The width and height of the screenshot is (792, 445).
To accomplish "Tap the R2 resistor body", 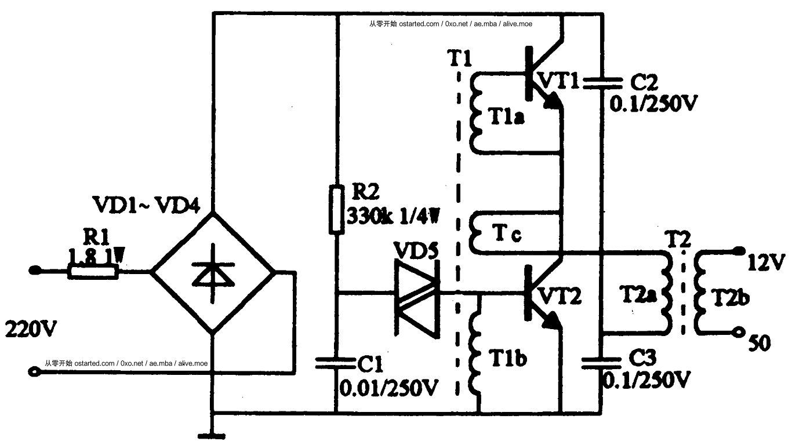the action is coord(337,209).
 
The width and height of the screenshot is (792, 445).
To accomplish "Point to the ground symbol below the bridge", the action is coord(212,436).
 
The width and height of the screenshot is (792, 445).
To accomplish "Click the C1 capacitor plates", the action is coord(335,363).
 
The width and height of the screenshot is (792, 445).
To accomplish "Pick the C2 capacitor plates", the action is coord(602,83).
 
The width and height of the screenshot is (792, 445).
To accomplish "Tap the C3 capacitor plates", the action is coord(601,363).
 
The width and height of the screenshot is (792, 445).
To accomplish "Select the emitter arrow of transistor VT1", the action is coord(553,100).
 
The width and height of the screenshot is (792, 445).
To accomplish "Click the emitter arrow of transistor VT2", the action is coord(553,321).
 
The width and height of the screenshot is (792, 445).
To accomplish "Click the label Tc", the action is coord(506,234).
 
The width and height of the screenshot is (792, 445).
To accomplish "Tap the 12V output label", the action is coord(766,262).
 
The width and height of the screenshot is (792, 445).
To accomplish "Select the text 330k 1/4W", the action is coord(394,216).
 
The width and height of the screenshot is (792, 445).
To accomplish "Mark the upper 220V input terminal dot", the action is coord(34,271).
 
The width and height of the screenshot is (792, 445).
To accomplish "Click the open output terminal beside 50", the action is coord(738,332).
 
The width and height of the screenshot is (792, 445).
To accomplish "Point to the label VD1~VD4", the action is coord(146,205).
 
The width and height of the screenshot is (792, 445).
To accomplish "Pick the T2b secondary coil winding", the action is coord(700,293).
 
